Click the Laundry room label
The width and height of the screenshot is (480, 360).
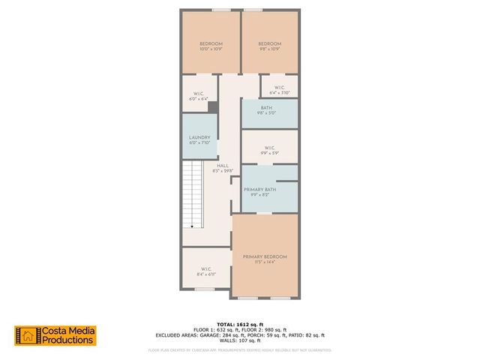click(200, 137)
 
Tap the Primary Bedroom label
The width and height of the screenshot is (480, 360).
click(265, 256)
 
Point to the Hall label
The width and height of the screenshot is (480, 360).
click(223, 166)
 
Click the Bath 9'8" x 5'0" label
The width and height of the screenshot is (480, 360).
click(267, 108)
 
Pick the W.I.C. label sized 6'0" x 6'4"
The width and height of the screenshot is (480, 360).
click(198, 95)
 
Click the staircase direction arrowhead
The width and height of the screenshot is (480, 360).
click(192, 225)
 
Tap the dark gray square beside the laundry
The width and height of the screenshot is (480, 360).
click(213, 107)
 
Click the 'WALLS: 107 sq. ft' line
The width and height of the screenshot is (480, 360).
click(239, 340)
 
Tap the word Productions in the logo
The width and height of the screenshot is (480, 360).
click(68, 340)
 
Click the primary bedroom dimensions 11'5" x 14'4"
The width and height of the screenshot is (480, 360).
click(265, 262)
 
